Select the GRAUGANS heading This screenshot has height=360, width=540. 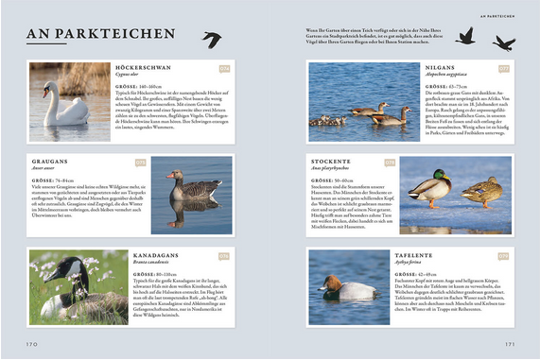click(x=50, y=162)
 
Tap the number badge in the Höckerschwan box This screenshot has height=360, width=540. click(x=224, y=69)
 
